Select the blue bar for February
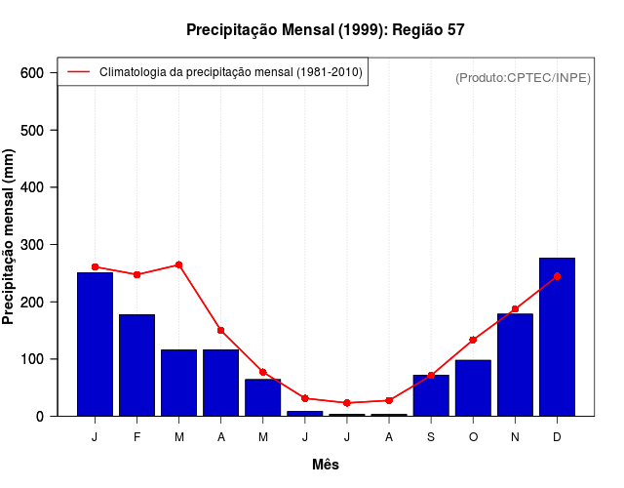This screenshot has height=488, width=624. point(136,365)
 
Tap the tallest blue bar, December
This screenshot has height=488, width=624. point(557,337)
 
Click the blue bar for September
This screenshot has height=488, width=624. point(431,395)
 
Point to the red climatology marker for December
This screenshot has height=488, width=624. point(557,276)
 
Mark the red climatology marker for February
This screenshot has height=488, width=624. point(136,274)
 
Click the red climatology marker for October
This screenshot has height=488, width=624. point(473,340)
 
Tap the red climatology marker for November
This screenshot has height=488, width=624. point(515,308)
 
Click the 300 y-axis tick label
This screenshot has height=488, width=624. point(32,245)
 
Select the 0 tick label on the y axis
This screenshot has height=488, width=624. point(40,417)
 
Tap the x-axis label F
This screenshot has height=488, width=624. point(136,437)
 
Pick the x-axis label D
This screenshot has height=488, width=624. point(557,437)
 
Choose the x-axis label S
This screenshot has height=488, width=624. point(431,437)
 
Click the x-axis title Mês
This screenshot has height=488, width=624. point(326,466)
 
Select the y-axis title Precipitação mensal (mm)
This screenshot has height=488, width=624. point(10,237)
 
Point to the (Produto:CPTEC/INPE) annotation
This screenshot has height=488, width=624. point(523,77)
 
